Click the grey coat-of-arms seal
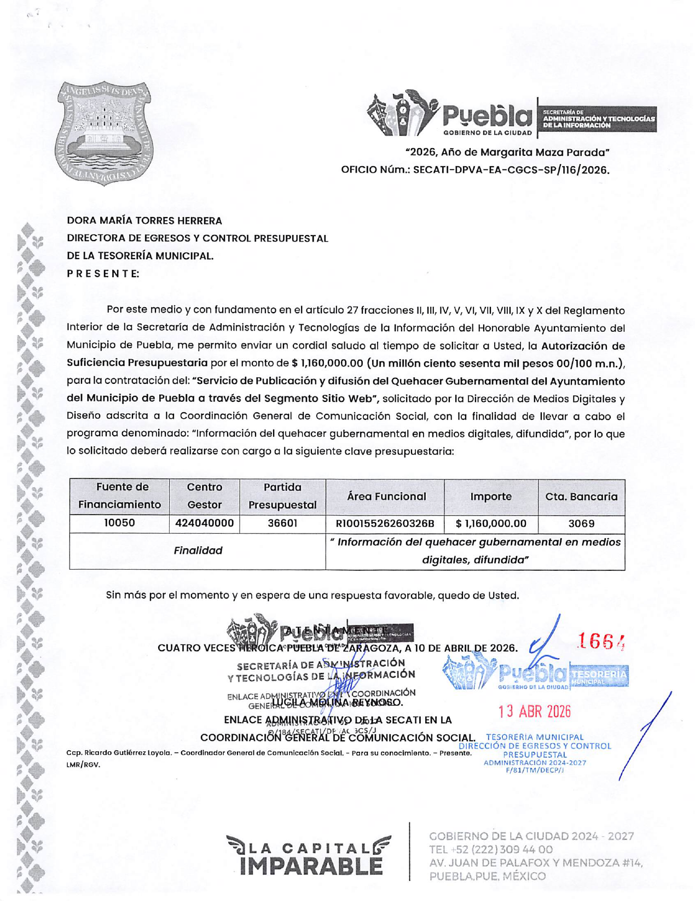click(104, 133)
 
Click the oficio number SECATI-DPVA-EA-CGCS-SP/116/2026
click(511, 170)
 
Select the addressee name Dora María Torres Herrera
click(144, 221)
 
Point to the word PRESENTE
click(103, 273)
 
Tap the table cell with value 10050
click(119, 523)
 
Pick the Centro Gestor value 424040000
click(205, 523)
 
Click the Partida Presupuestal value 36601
click(282, 523)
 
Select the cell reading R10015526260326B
click(385, 524)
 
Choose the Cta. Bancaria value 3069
click(581, 524)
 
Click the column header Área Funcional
click(386, 496)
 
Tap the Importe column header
click(491, 496)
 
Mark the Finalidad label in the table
click(198, 551)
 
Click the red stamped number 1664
click(601, 641)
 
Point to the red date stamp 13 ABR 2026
click(534, 711)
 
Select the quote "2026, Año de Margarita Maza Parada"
click(507, 152)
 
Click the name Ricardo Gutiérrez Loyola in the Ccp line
click(128, 753)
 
